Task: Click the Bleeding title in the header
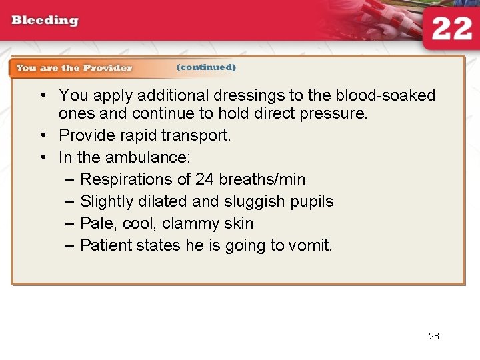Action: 45,20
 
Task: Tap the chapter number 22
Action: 451,29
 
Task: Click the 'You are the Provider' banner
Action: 74,68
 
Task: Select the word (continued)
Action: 206,67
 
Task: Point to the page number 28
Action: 434,336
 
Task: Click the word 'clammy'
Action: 197,223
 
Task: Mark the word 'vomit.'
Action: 310,245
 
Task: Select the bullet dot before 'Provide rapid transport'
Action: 43,135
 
